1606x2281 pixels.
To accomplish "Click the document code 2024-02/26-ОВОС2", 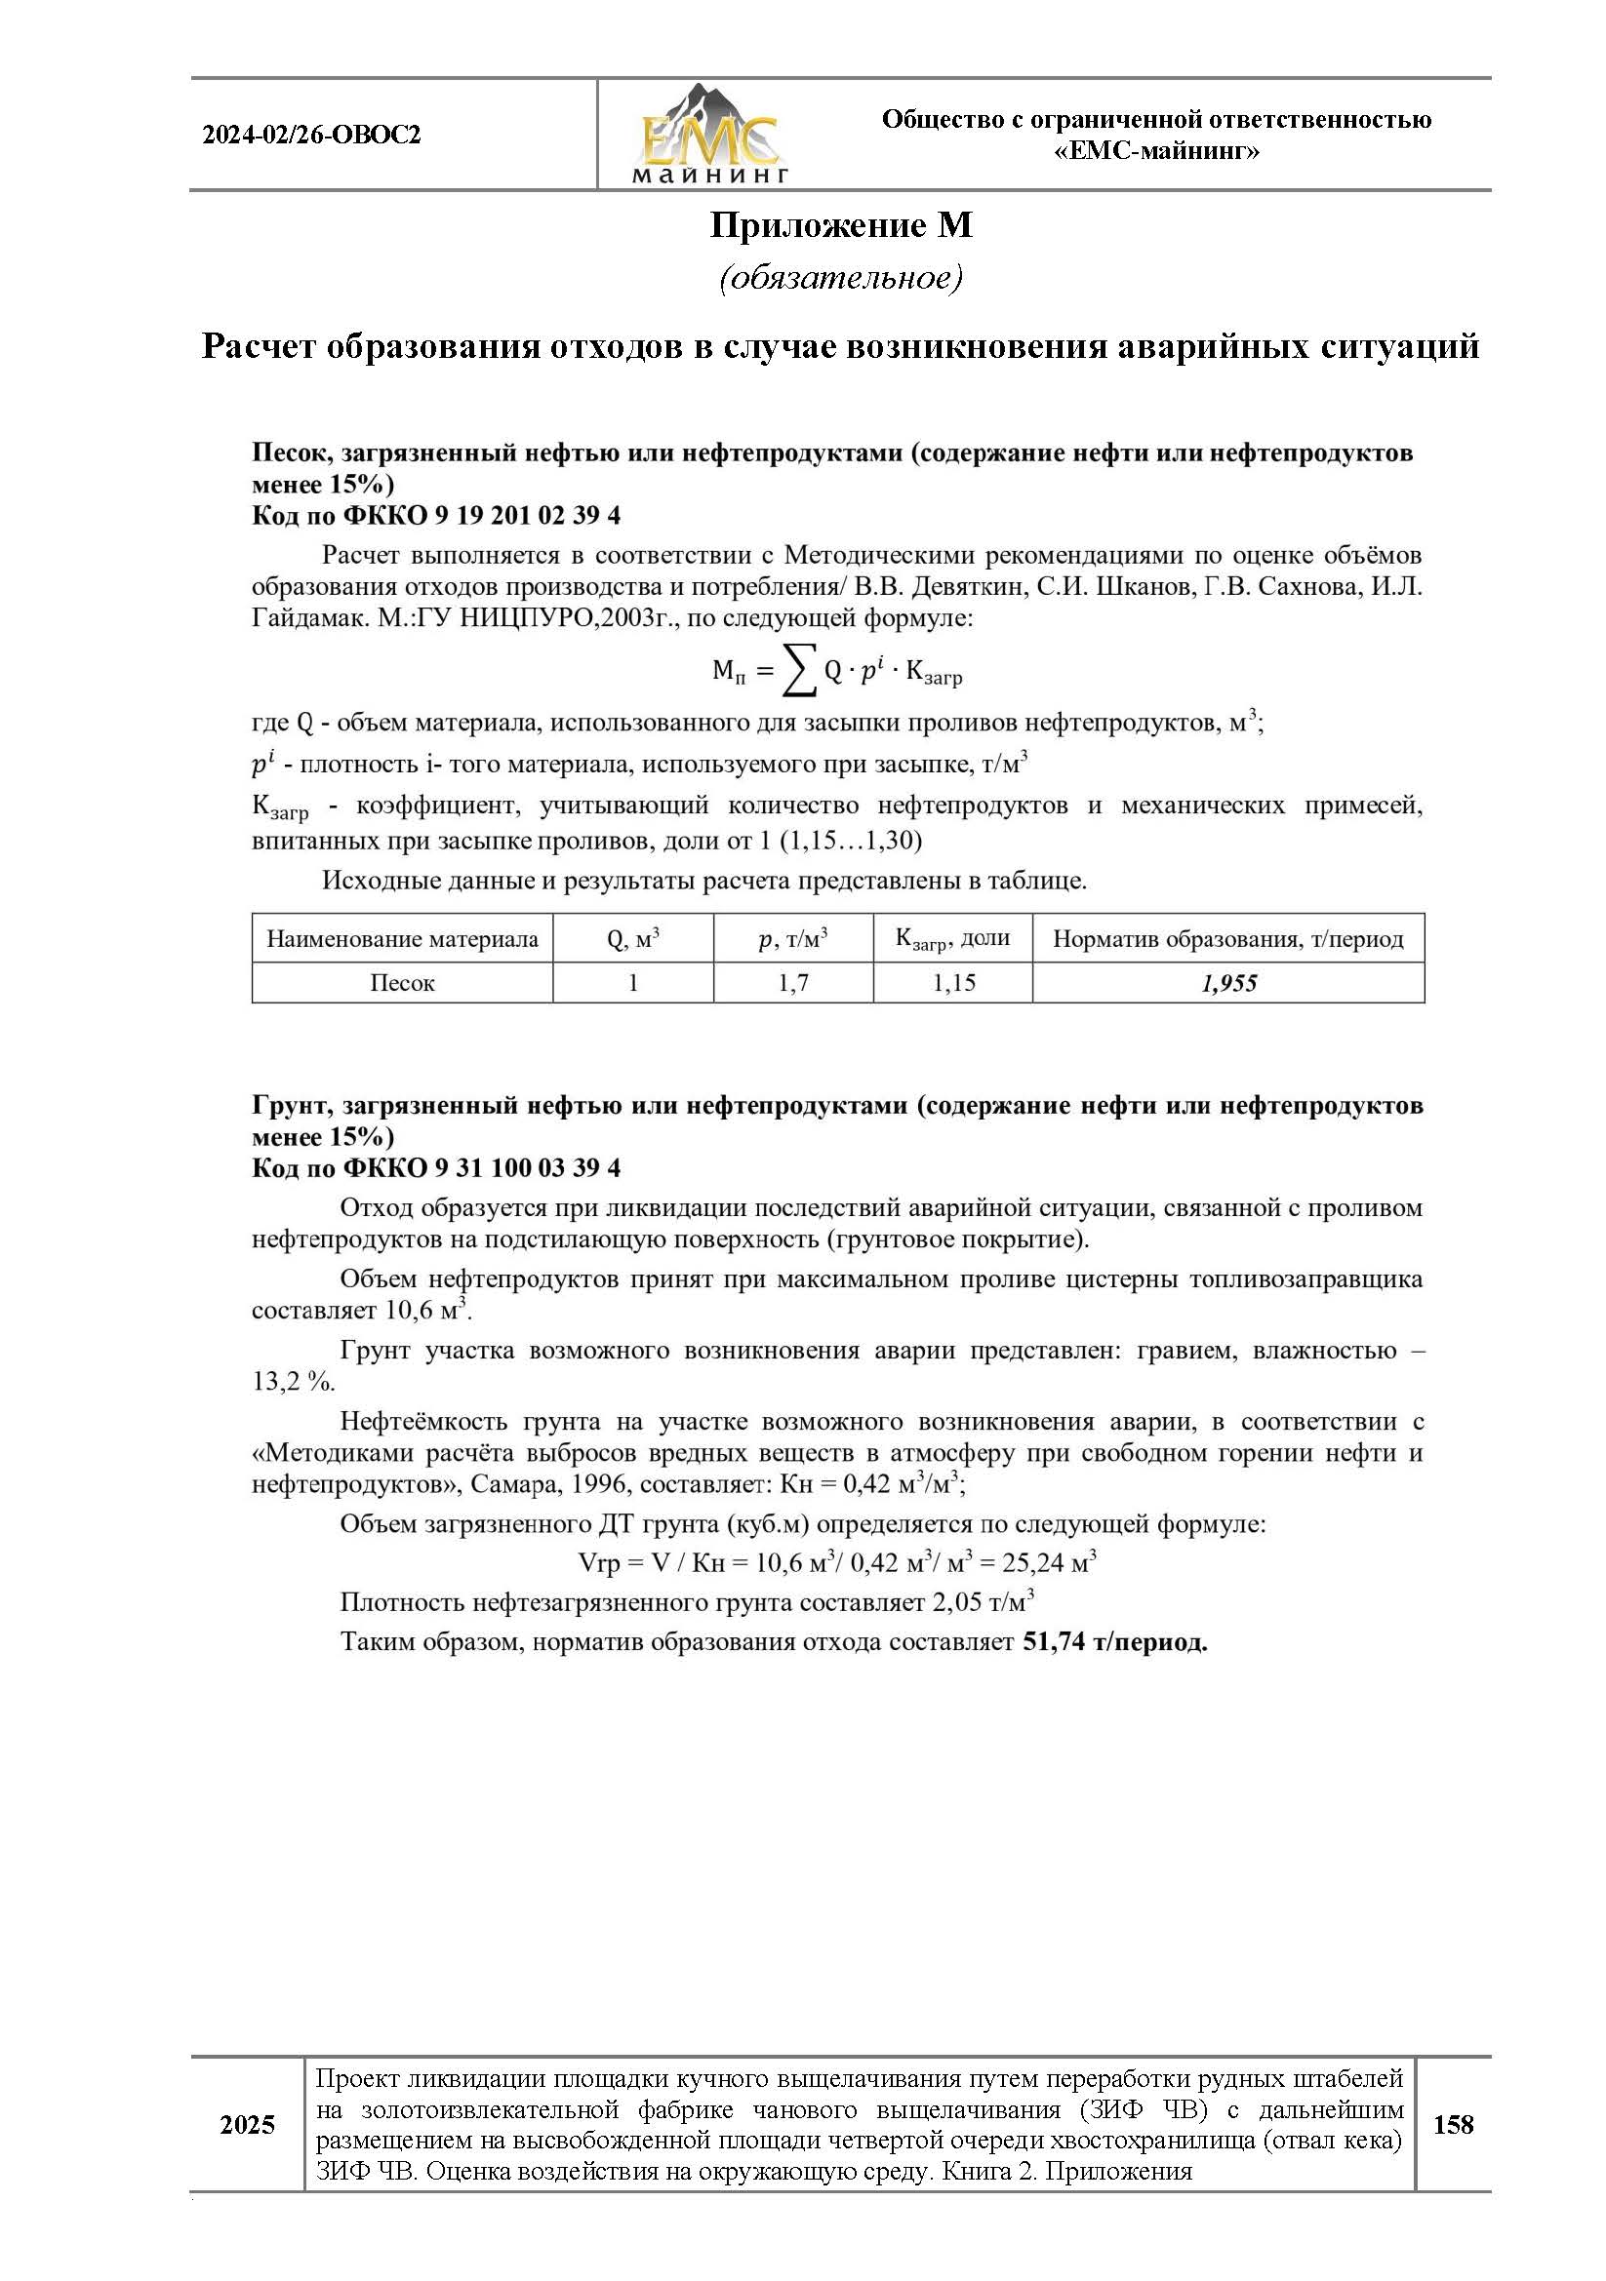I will coord(312,136).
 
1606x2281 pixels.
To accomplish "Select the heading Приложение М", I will coord(841,226).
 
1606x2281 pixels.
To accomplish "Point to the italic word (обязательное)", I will coord(841,278).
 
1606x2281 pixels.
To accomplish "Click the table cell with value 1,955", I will coord(1228,984).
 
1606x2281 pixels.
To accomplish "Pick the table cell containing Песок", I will coord(403,984).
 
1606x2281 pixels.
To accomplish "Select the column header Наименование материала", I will coord(403,939).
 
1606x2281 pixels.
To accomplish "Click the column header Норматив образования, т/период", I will coord(1228,939).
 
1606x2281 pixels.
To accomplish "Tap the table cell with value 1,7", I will coord(793,984).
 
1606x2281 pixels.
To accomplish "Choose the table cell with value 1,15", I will coord(953,984).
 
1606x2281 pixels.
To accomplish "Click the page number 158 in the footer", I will coord(1453,2125).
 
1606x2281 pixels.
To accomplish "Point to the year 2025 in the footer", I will coord(248,2125).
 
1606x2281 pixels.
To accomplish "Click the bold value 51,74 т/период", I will coord(1114,1642).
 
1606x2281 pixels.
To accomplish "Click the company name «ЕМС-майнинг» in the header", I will coord(1157,152).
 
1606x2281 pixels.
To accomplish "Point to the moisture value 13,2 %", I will coord(293,1382).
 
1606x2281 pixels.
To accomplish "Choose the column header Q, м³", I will coord(633,939).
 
